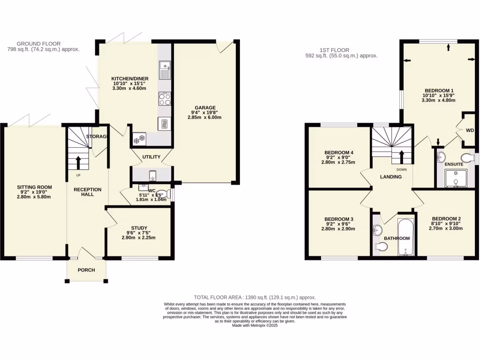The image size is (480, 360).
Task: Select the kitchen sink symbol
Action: point(165,71)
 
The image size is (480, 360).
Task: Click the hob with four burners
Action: point(165,99)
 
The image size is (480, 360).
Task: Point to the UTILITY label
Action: point(151,157)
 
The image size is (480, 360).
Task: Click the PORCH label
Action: point(86,270)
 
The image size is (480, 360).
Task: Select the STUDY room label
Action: point(139,228)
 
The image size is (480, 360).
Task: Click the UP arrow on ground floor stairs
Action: point(78,162)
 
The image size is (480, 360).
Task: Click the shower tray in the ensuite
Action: point(455,179)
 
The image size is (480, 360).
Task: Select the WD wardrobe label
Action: point(470,130)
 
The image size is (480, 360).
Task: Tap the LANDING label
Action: point(390,177)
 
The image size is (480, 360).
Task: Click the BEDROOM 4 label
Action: point(338,153)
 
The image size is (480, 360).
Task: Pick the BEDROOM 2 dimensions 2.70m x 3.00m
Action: point(447,229)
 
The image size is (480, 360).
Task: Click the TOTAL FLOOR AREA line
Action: point(255,297)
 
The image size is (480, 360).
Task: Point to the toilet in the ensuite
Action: point(466,157)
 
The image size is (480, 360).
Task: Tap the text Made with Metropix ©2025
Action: point(255,325)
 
